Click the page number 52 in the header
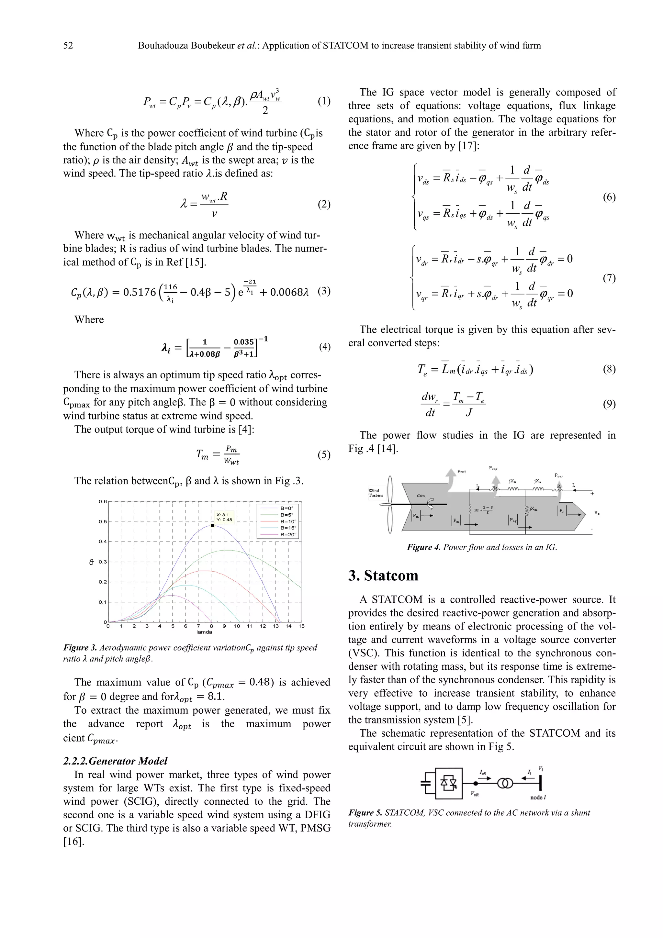click(x=68, y=45)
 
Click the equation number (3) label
click(x=324, y=291)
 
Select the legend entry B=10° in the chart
click(x=288, y=521)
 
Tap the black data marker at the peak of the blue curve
click(x=212, y=526)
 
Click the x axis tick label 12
click(x=263, y=626)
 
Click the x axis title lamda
click(x=204, y=632)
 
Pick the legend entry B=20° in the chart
click(x=288, y=535)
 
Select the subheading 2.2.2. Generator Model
click(x=115, y=761)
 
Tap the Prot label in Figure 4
click(x=461, y=472)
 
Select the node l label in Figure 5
click(x=538, y=798)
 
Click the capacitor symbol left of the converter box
click(x=426, y=783)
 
